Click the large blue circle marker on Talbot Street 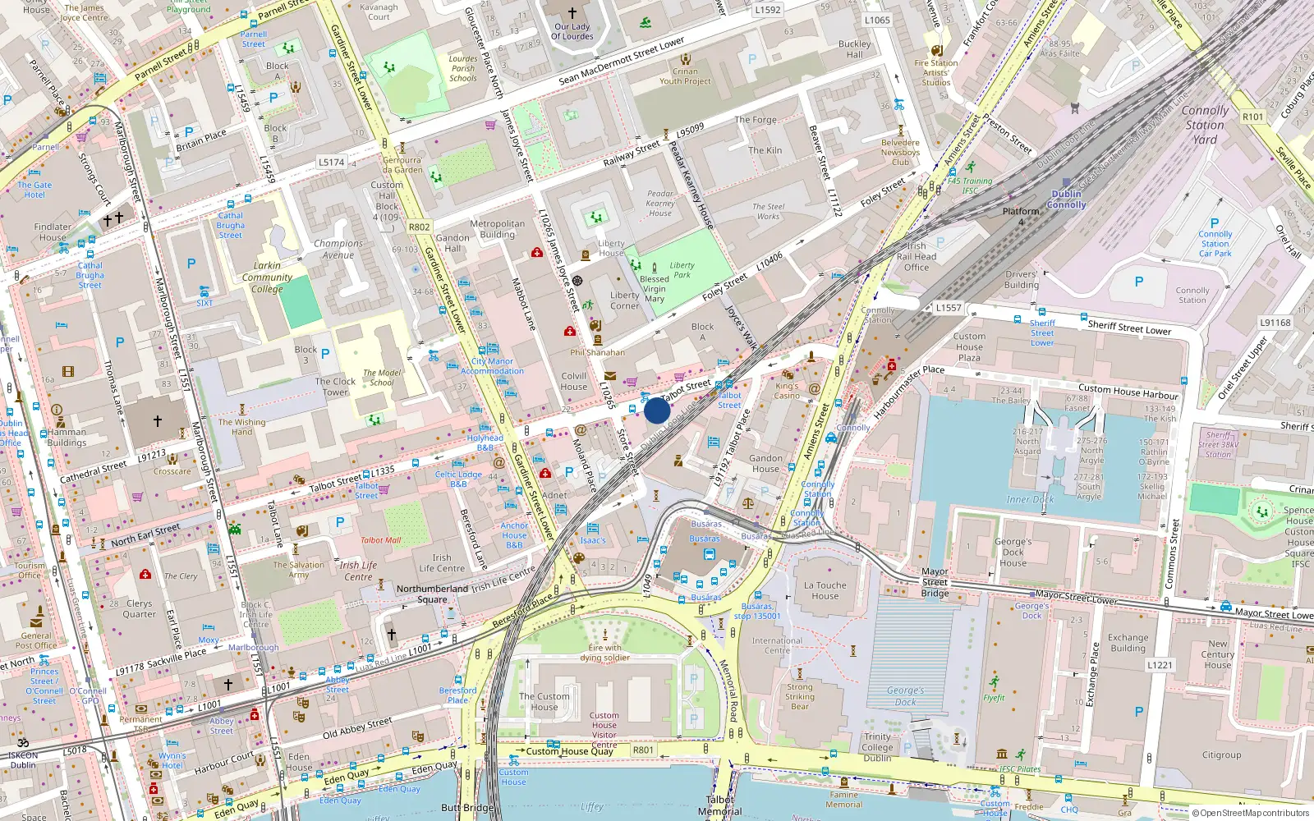[x=657, y=410]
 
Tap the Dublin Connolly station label [x=1066, y=200]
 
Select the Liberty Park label [x=682, y=270]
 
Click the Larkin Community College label [x=267, y=277]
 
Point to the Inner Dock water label [x=1030, y=499]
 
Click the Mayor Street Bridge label [x=935, y=582]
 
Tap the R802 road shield [x=419, y=227]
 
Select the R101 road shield [x=1252, y=117]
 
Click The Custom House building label [x=544, y=702]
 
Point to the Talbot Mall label [x=381, y=540]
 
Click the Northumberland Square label [x=432, y=594]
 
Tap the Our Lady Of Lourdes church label [x=572, y=31]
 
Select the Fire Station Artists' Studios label [x=935, y=72]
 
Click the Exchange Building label [x=1128, y=642]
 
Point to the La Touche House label [x=825, y=590]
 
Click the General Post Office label [x=36, y=640]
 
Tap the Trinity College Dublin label [x=877, y=747]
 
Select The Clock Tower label [x=335, y=387]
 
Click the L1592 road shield [x=768, y=10]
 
